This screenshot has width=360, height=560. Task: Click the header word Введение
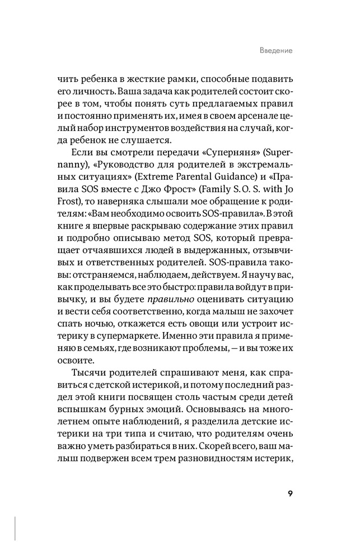pos(277,50)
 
